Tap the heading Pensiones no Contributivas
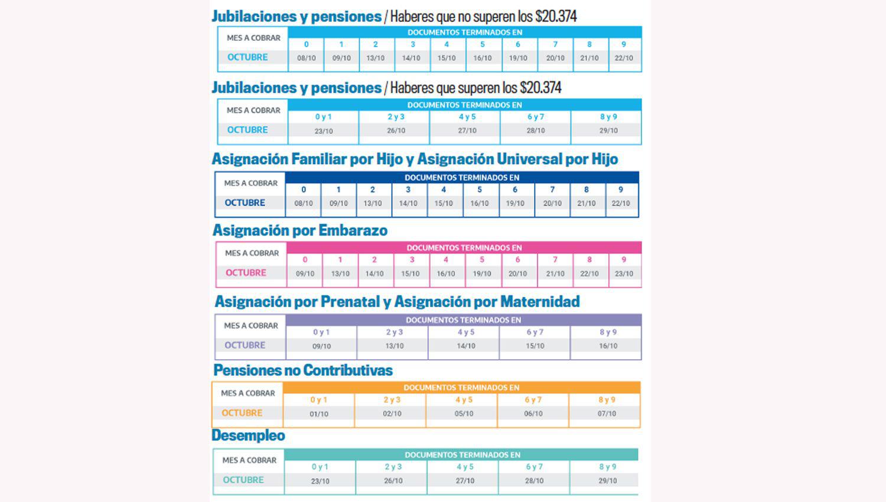[303, 370]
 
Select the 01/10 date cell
[319, 414]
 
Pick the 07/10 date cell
[607, 413]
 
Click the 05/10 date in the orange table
[464, 413]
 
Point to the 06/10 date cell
[533, 413]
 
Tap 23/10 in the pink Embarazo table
[624, 273]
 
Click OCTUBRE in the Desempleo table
[243, 480]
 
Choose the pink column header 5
[482, 260]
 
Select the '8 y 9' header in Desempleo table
[608, 467]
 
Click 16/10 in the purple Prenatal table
[608, 346]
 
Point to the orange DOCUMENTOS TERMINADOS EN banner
[461, 388]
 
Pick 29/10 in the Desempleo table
[608, 481]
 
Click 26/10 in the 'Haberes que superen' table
[396, 131]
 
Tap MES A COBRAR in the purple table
[250, 325]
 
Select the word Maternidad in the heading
[539, 302]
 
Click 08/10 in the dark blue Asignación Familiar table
[304, 203]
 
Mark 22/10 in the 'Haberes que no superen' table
[624, 58]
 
